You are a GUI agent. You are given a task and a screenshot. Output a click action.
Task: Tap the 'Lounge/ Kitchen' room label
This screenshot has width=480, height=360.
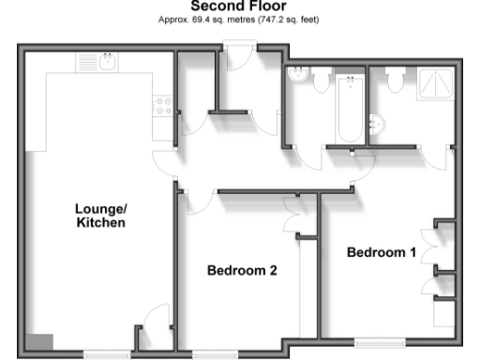coord(99,216)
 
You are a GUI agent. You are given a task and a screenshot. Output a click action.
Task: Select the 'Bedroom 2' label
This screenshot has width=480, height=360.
coord(241,271)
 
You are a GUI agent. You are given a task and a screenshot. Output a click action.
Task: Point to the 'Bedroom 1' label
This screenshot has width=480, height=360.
coord(381,252)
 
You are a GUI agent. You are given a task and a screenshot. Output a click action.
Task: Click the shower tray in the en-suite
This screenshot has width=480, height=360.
coord(436,84)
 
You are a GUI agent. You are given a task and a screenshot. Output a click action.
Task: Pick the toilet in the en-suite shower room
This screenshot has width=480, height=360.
coord(396,82)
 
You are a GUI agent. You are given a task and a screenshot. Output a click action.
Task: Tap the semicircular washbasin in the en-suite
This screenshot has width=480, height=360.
coord(379,123)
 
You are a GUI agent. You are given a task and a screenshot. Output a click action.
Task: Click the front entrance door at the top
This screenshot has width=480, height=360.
coord(237,58)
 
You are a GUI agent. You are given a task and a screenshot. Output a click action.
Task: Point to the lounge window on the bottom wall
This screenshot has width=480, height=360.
coord(105,354)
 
